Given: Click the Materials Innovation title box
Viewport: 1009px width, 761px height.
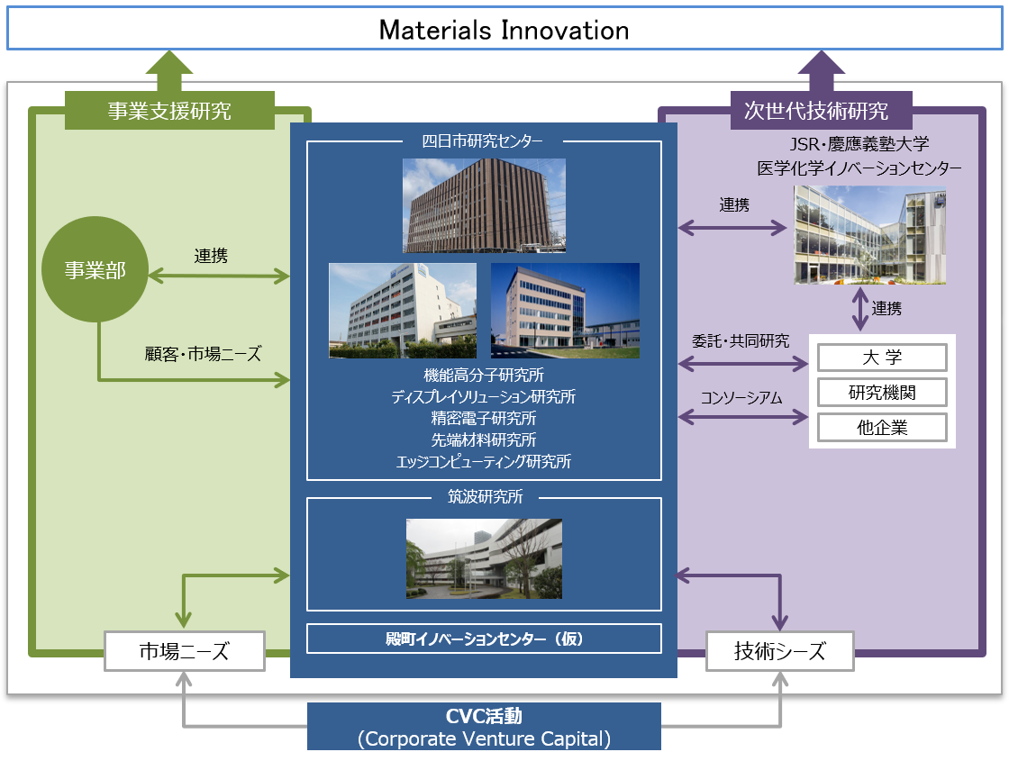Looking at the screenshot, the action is [504, 29].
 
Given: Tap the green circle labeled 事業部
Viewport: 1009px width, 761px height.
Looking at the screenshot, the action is [95, 269].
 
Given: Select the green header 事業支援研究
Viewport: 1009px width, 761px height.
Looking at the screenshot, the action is [169, 111].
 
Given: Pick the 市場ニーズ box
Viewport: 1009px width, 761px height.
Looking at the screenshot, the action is [185, 651].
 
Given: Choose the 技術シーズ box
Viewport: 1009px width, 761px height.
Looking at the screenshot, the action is [780, 651].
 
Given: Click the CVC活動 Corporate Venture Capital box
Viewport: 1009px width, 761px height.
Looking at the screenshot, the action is [484, 727].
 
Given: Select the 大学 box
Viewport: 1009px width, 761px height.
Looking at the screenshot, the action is [882, 358].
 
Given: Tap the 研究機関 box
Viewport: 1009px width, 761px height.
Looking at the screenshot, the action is [882, 393].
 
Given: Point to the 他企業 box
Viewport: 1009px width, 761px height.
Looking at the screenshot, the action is [882, 427].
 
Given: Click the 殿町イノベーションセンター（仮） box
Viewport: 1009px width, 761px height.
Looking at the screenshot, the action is [484, 639].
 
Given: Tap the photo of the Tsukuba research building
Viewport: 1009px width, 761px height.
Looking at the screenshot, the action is [484, 559].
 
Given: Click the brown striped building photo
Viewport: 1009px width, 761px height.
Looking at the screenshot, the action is [484, 206].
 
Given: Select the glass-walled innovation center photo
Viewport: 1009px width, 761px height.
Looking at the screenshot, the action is [870, 235].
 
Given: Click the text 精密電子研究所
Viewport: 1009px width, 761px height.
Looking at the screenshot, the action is [484, 418].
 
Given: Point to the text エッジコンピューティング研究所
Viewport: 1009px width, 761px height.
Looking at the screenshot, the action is [484, 461].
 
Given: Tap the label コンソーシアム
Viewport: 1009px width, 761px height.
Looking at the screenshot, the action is [741, 398].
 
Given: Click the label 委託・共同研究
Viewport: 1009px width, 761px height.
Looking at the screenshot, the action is [741, 341].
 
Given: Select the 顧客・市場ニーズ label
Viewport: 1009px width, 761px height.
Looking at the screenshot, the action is [204, 354].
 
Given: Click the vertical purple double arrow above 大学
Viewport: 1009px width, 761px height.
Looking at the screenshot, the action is [860, 310].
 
